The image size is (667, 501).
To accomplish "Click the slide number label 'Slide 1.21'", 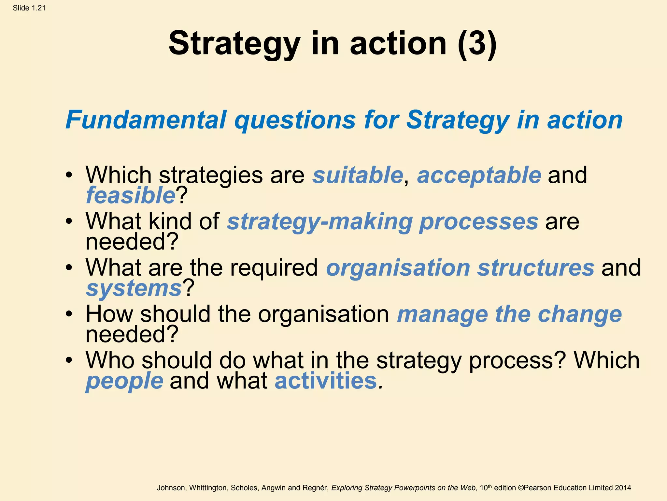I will (29, 8).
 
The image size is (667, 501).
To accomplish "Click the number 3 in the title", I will (477, 44).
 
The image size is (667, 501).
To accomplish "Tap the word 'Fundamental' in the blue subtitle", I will (146, 120).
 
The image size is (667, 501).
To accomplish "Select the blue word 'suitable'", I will (358, 175).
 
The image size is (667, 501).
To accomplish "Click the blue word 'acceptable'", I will (479, 175).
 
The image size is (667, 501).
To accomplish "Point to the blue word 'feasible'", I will (131, 195).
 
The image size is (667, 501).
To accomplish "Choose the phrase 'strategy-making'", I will (320, 221).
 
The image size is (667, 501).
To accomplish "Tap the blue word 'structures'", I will (536, 268).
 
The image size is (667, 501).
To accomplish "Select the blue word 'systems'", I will (134, 288).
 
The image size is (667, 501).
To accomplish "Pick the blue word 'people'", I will (124, 381).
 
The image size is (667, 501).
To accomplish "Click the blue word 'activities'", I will (326, 381).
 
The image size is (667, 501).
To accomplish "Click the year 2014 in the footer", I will (623, 488).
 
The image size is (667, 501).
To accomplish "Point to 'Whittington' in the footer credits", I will (208, 488).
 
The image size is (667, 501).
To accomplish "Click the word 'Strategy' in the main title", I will (234, 44).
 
